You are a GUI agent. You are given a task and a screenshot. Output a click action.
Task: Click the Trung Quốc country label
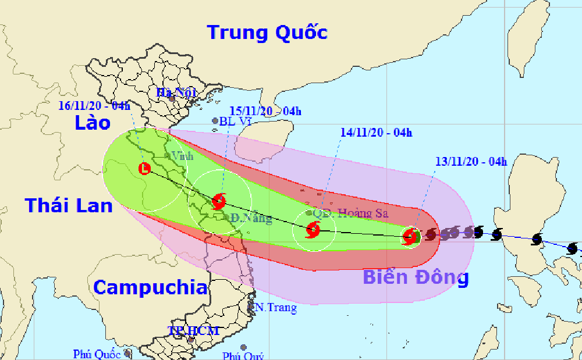click(x=267, y=32)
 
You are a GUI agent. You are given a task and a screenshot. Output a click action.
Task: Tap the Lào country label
click(x=92, y=123)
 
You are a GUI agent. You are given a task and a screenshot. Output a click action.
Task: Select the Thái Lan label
click(x=61, y=205)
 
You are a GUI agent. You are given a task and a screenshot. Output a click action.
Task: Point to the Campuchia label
click(x=150, y=287)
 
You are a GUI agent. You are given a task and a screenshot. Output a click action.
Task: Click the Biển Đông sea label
click(x=416, y=277)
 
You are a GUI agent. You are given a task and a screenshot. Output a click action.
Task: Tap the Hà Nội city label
click(x=173, y=92)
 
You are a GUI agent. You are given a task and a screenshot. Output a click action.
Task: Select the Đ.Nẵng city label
click(x=250, y=219)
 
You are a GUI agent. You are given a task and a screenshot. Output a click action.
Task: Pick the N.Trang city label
click(x=276, y=308)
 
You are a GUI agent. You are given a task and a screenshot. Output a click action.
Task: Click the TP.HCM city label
click(x=194, y=331)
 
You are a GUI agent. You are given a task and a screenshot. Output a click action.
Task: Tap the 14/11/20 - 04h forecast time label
click(x=376, y=133)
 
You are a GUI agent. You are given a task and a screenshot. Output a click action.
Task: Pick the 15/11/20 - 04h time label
click(x=265, y=111)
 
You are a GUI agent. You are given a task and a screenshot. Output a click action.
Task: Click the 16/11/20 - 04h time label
click(x=94, y=106)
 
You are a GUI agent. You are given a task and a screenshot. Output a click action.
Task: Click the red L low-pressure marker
click(x=144, y=169)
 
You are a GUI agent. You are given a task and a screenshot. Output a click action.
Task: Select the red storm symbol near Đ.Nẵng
click(x=219, y=201)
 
